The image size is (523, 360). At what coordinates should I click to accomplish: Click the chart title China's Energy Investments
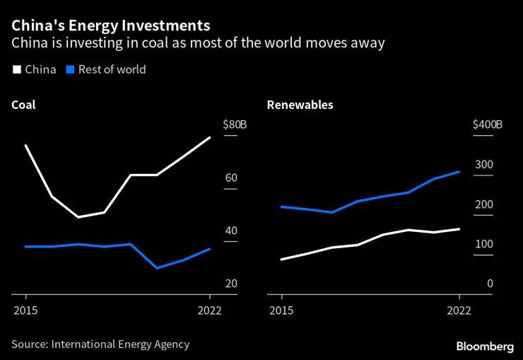(x=110, y=26)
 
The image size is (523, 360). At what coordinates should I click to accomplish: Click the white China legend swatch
(x=16, y=69)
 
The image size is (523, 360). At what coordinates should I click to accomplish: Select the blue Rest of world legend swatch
(x=70, y=69)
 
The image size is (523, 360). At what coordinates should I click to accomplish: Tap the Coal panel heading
(x=23, y=105)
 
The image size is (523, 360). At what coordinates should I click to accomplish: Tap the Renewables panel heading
(x=300, y=105)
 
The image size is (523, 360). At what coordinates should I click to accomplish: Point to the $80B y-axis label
(x=235, y=125)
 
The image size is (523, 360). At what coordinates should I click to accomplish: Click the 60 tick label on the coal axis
(x=231, y=178)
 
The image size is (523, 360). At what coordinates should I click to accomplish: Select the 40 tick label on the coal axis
(x=231, y=231)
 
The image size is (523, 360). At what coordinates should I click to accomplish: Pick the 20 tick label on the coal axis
(x=231, y=284)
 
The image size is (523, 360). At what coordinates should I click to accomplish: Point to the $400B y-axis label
(x=487, y=125)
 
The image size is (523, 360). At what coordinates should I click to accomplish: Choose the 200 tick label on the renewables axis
(x=483, y=204)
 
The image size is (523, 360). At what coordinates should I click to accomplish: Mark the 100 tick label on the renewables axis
(x=483, y=244)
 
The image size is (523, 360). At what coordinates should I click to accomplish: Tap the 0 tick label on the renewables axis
(x=489, y=284)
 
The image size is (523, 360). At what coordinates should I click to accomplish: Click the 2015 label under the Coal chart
(x=25, y=310)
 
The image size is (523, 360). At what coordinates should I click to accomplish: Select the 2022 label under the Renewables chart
(x=459, y=310)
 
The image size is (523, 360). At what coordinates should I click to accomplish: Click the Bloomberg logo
(x=485, y=346)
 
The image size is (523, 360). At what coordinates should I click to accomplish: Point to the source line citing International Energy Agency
(x=100, y=344)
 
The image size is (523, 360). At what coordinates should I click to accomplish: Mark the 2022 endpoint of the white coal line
(x=210, y=137)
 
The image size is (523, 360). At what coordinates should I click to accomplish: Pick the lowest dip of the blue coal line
(x=157, y=268)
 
